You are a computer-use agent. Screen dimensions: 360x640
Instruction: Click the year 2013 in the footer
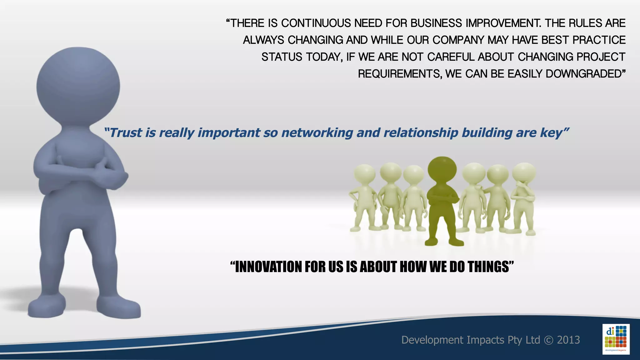coord(568,340)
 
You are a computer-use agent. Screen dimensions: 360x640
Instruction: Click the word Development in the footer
coord(432,340)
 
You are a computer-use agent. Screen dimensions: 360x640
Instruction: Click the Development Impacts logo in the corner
coord(616,339)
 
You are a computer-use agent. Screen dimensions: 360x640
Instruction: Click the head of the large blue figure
coord(78,86)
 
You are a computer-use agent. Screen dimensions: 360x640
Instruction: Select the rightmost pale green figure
coord(524,197)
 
